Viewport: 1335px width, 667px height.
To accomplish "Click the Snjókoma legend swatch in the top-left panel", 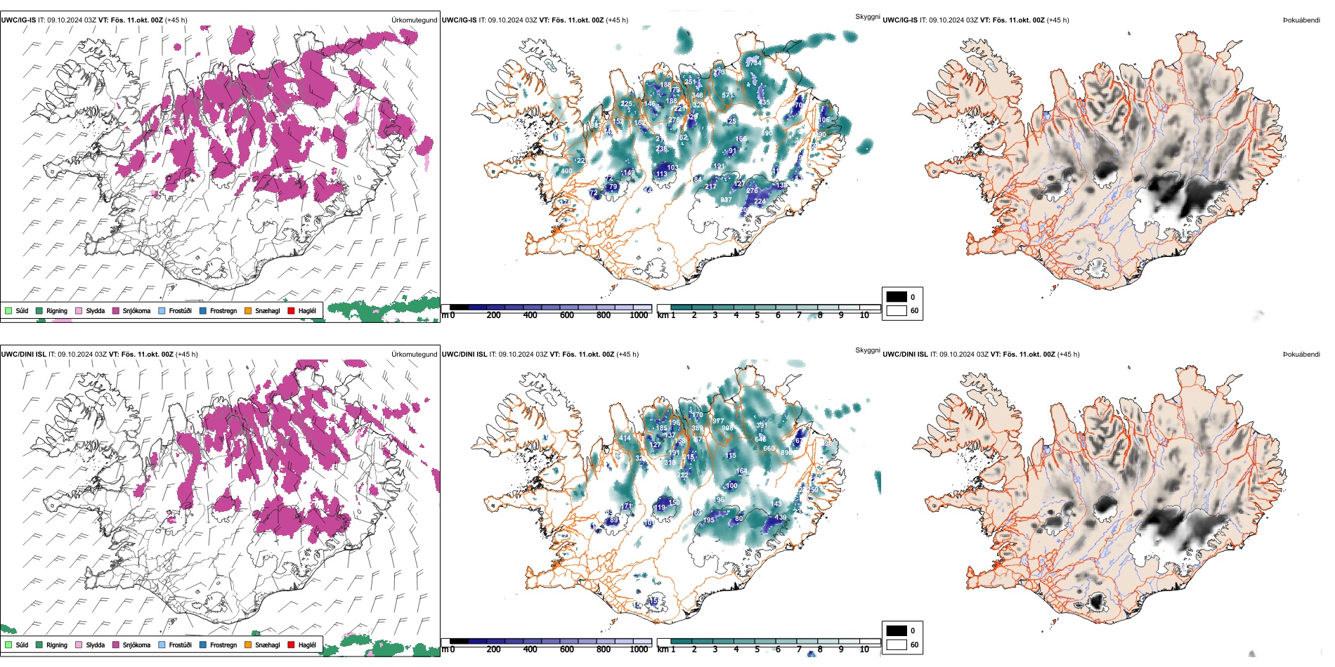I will [x=116, y=310].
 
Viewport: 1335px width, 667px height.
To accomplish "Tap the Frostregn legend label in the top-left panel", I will [x=223, y=310].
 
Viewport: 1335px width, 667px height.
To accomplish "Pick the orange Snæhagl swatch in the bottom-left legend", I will [x=248, y=645].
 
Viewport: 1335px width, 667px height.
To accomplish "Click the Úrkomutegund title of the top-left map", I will [x=414, y=20].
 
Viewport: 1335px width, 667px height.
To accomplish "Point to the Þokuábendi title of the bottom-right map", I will [x=1301, y=355].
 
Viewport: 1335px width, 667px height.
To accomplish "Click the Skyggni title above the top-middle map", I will [x=867, y=16].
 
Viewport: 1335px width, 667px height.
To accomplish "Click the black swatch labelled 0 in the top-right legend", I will [x=897, y=297].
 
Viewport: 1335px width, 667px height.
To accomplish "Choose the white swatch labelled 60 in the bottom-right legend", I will [x=897, y=645].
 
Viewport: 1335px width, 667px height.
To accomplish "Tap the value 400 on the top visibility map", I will [x=566, y=171].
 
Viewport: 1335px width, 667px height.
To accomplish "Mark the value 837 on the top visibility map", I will [x=726, y=200].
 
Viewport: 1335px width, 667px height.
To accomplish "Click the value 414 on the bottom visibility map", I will [x=625, y=438].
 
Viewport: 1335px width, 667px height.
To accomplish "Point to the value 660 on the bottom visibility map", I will [x=769, y=449].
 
